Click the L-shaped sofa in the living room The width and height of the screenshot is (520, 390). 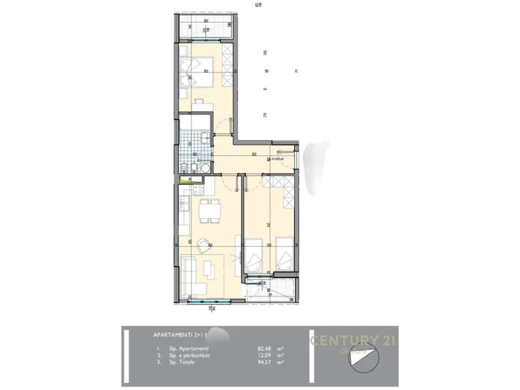[x=188, y=273]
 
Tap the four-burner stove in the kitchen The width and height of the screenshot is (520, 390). [x=199, y=190]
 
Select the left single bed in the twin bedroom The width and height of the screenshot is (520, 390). [x=253, y=255]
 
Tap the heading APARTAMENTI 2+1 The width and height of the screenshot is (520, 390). [x=176, y=335]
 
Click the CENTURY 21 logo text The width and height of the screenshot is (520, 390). [x=354, y=340]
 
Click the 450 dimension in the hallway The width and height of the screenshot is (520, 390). [x=254, y=154]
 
